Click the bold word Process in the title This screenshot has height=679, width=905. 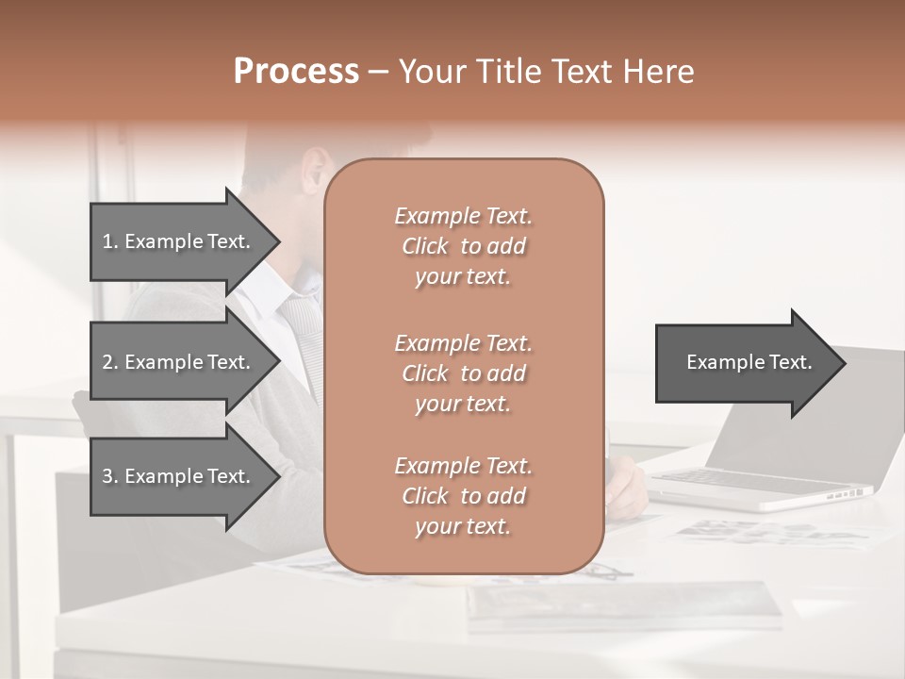tap(296, 72)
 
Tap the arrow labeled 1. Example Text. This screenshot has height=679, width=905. tap(179, 241)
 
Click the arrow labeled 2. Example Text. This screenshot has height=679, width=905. tap(179, 362)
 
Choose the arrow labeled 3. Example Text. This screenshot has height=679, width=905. tap(179, 476)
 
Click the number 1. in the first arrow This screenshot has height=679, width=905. tap(110, 241)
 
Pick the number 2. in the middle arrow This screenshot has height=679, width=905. tap(110, 362)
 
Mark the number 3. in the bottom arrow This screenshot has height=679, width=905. tap(110, 476)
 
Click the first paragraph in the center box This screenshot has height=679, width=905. tap(463, 246)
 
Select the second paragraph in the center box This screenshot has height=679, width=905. tap(463, 373)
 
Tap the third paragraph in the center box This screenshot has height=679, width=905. tap(463, 496)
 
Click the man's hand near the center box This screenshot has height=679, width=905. tap(627, 486)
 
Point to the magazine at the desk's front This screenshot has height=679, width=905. tap(622, 604)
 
